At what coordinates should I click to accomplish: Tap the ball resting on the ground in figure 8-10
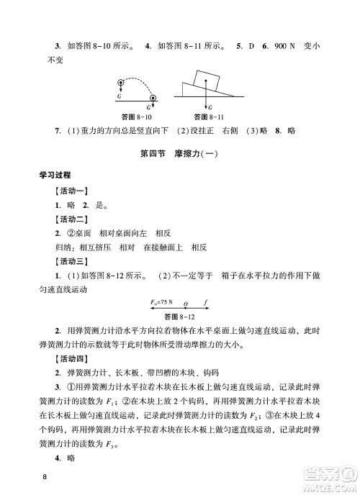click(153, 98)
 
